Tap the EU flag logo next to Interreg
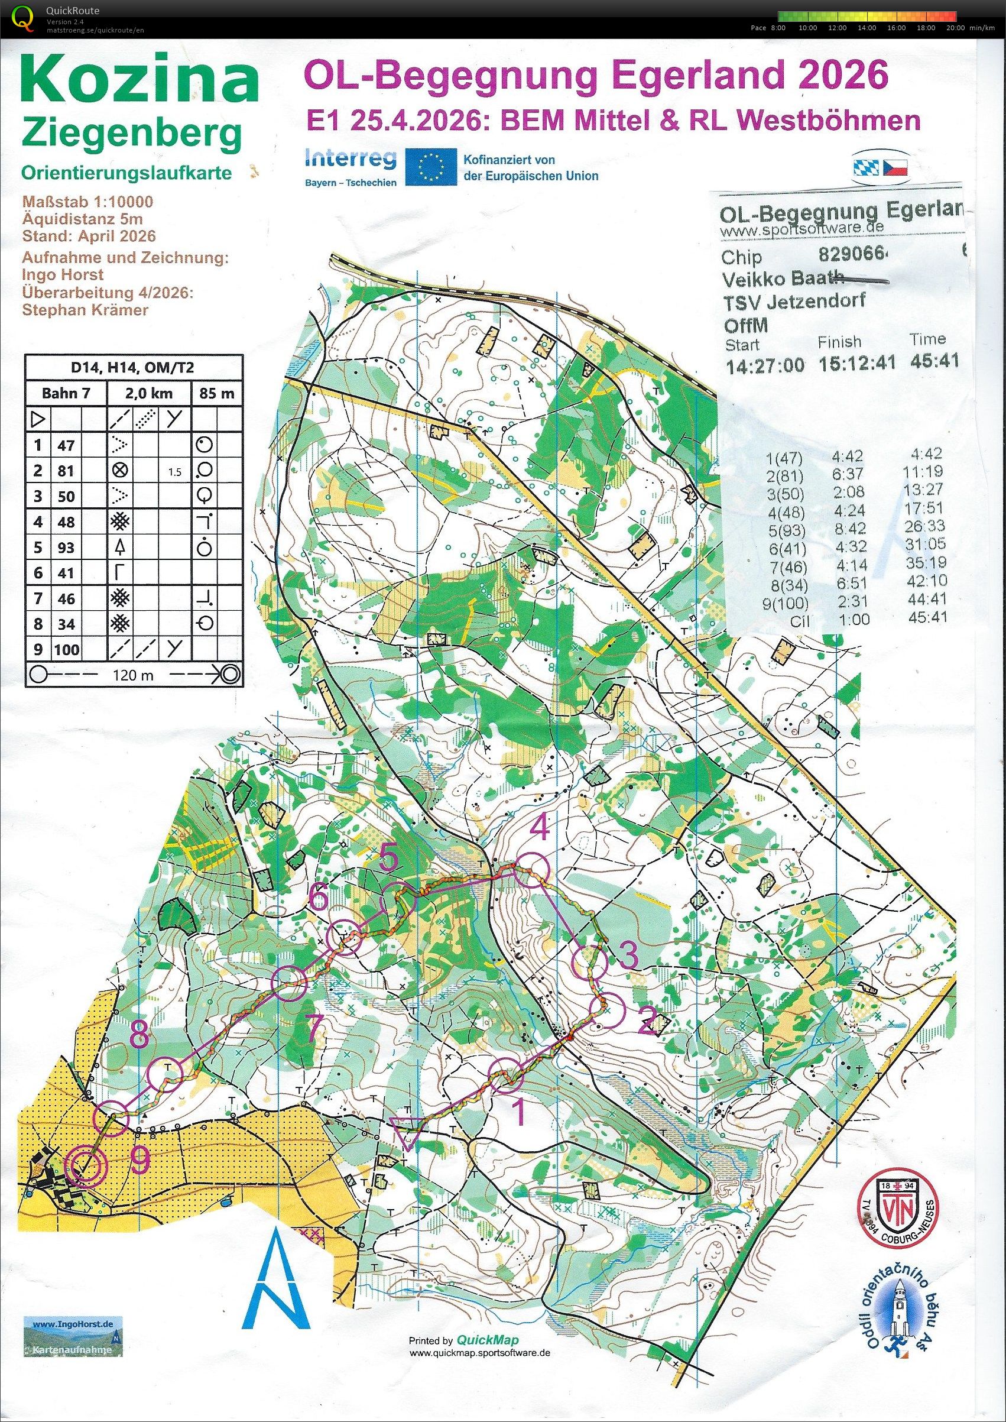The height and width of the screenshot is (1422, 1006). coord(431,166)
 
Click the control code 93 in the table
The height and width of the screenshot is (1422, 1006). coord(66,547)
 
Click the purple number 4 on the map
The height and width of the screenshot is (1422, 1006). coord(541,828)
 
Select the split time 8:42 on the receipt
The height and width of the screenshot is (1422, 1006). coord(849,529)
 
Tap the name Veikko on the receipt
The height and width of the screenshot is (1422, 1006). coord(749,278)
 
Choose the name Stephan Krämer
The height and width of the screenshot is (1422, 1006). coord(85,309)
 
